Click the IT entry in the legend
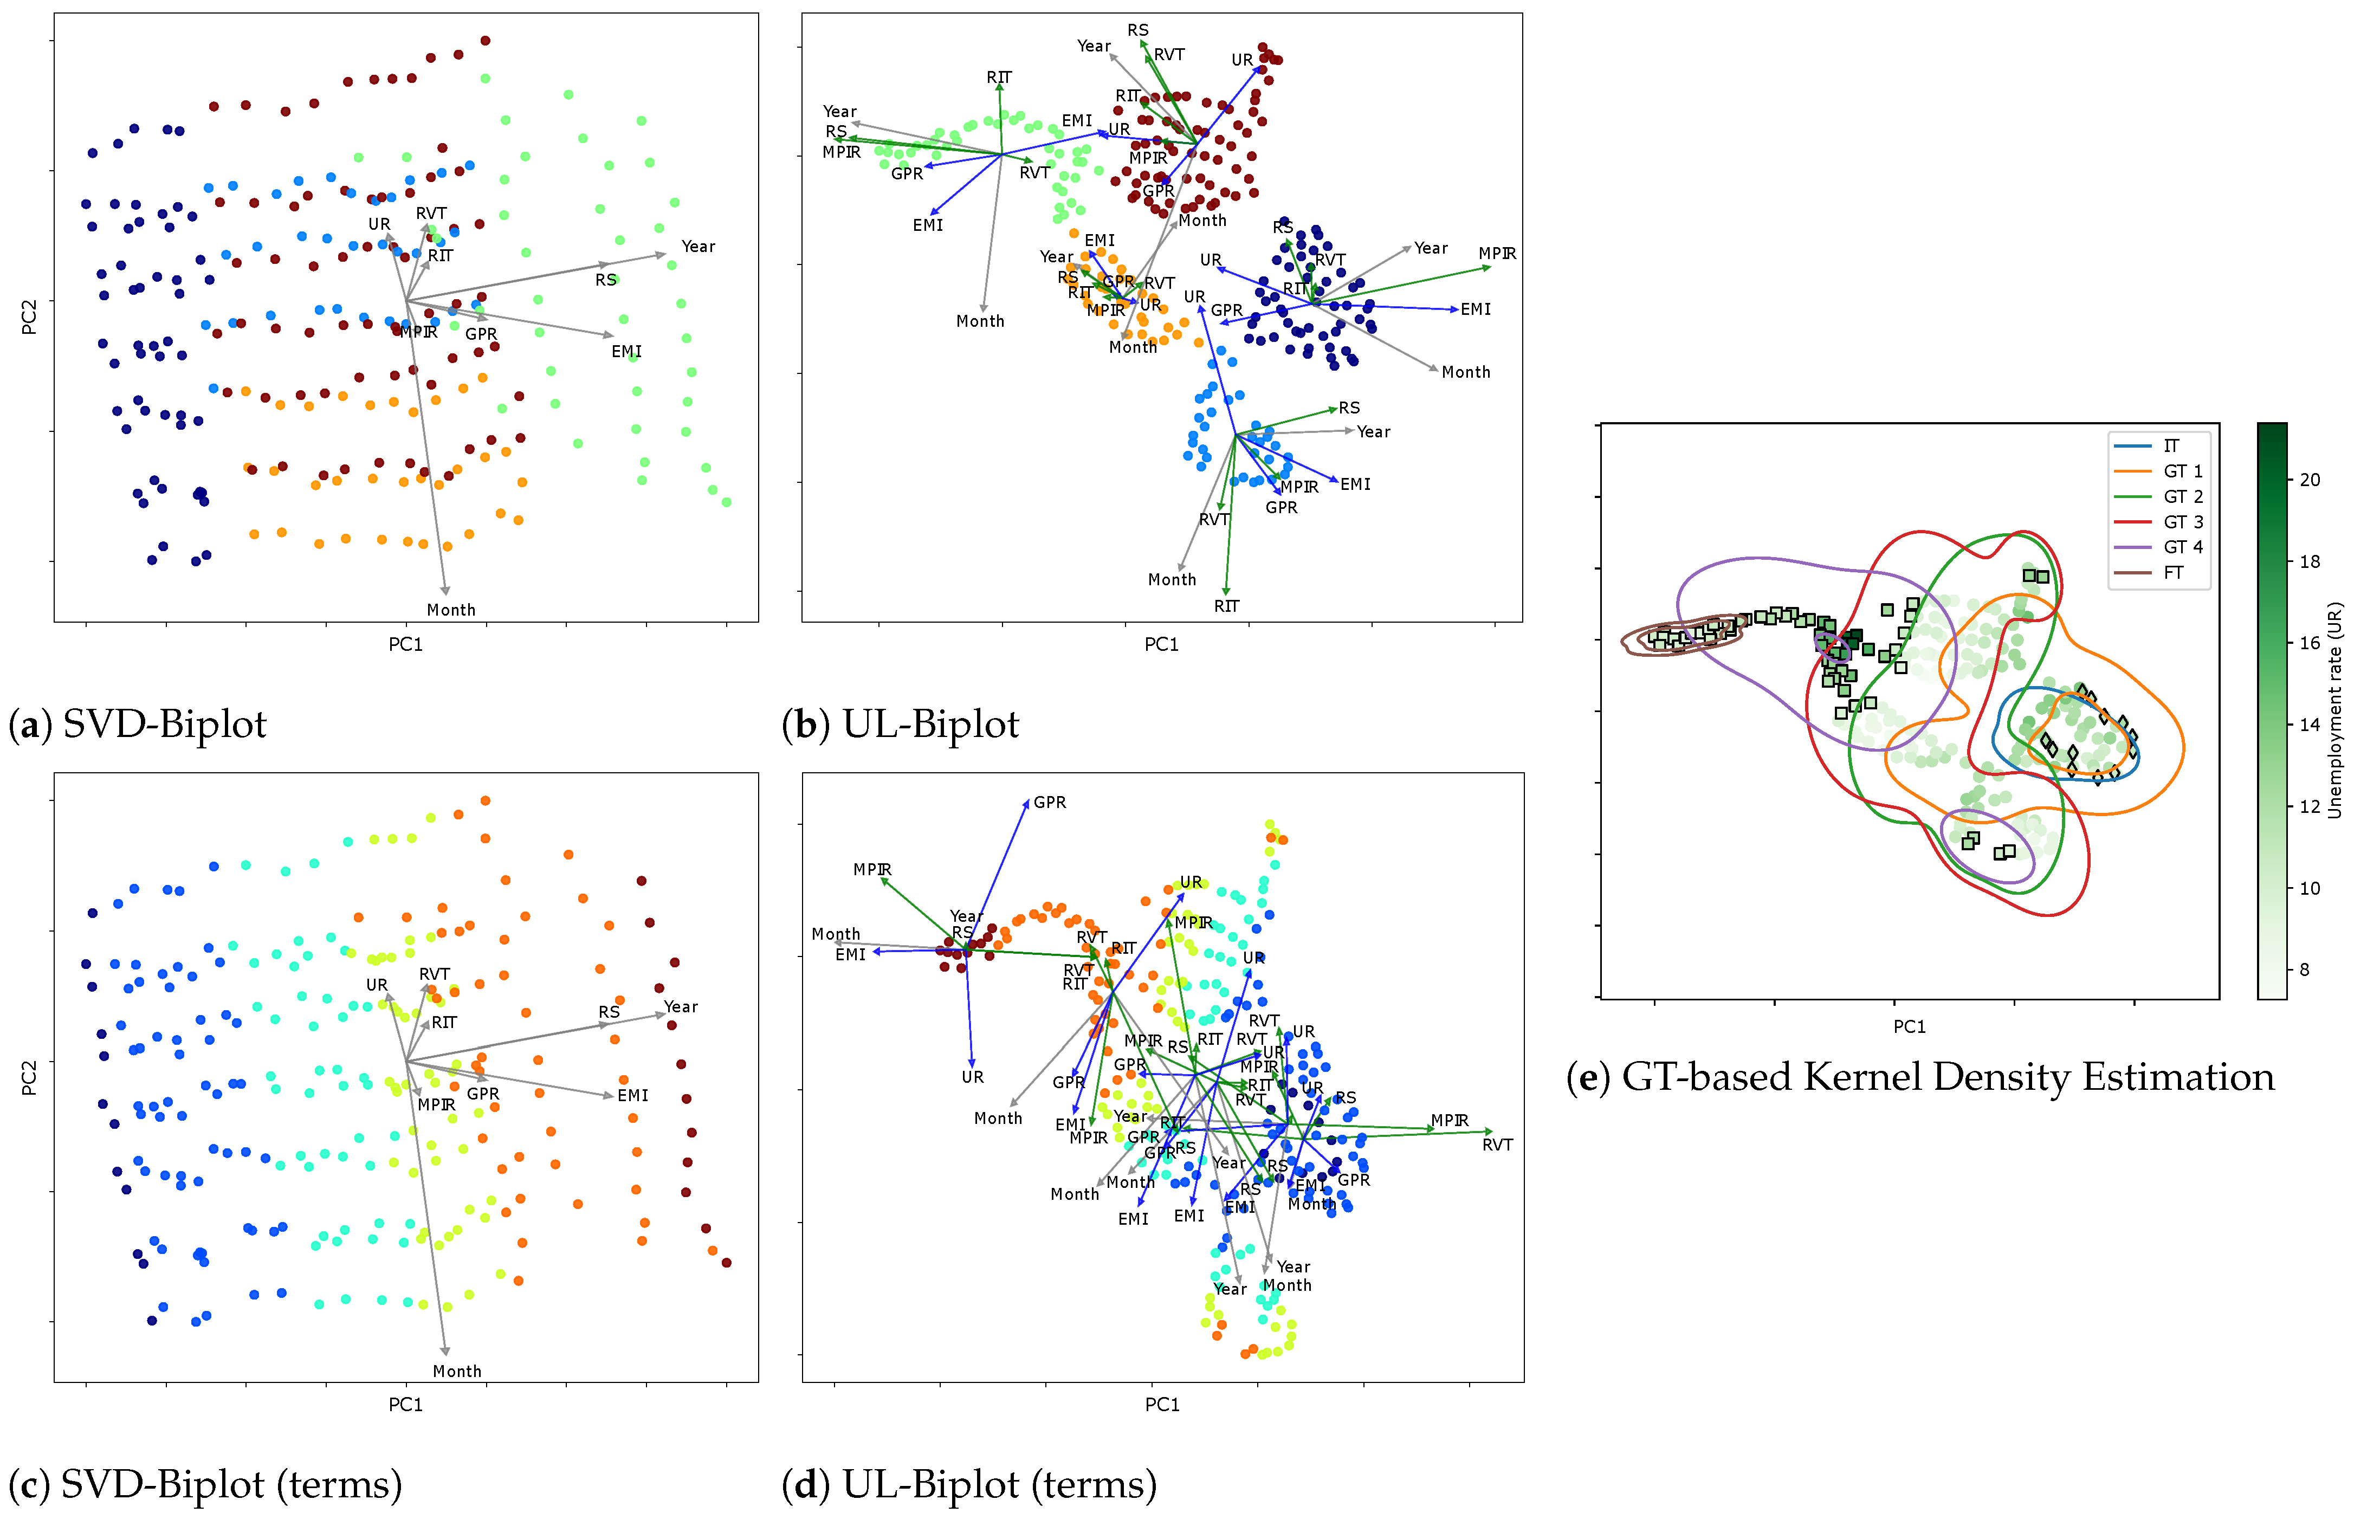(x=2171, y=446)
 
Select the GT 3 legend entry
(x=2182, y=522)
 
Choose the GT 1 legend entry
(x=2182, y=471)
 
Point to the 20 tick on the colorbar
(x=2310, y=480)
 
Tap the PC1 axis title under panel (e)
(x=1909, y=1027)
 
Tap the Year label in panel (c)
(x=681, y=1007)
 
